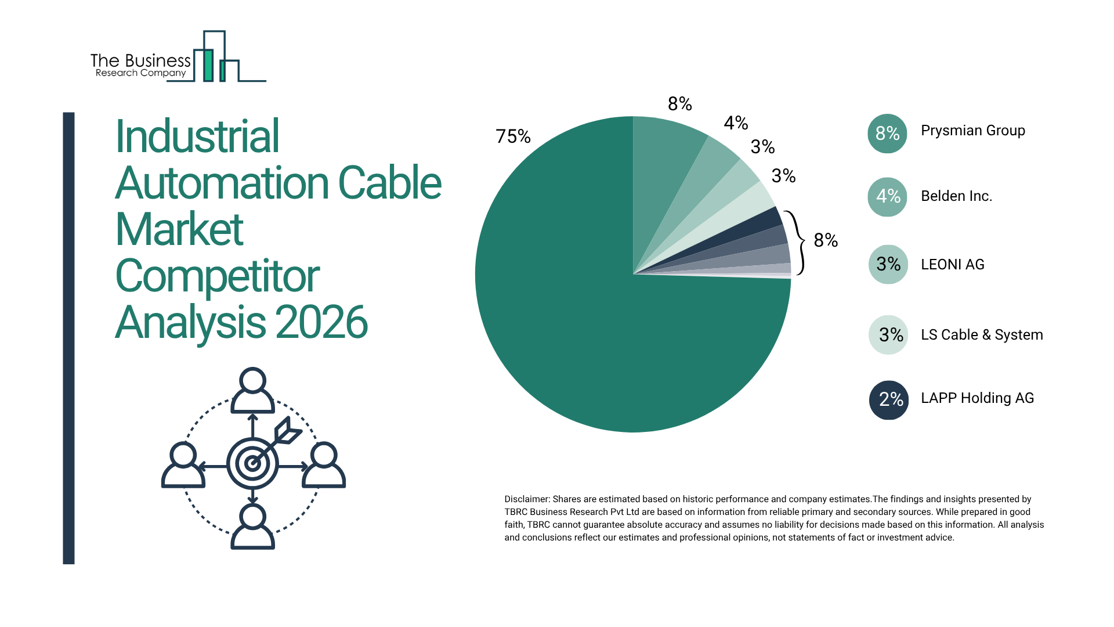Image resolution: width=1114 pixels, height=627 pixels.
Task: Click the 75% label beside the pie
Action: tap(513, 136)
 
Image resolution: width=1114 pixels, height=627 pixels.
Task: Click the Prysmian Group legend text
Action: tap(972, 131)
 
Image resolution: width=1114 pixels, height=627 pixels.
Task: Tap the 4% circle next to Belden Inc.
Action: tap(887, 197)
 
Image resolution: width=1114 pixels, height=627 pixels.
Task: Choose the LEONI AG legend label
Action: tap(952, 265)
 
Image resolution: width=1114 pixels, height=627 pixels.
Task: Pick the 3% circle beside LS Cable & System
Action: tap(888, 335)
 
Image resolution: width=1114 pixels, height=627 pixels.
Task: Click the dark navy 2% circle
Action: tap(889, 399)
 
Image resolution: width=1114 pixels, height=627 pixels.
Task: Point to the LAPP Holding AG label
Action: tap(977, 398)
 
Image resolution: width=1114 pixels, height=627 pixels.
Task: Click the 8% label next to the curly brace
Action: tap(825, 240)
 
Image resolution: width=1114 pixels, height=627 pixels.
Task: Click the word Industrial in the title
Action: tap(197, 136)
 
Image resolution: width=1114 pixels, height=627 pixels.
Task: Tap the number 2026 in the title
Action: tap(321, 323)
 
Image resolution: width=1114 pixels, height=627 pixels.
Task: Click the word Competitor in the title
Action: tap(217, 276)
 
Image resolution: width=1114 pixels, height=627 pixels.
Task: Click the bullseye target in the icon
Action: tap(252, 463)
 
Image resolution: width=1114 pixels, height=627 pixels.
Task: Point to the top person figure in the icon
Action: tap(252, 390)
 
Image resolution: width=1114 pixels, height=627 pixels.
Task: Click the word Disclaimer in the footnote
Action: tap(526, 499)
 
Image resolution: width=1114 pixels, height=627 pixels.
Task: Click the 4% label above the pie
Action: tap(736, 123)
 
